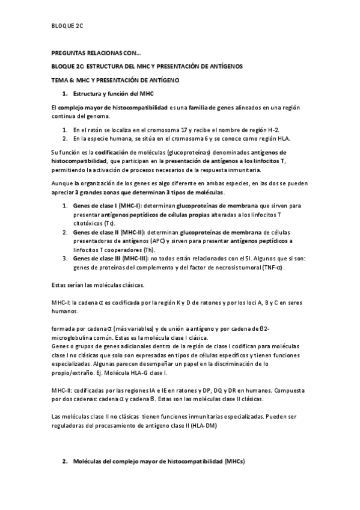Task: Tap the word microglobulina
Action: [x=75, y=338]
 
